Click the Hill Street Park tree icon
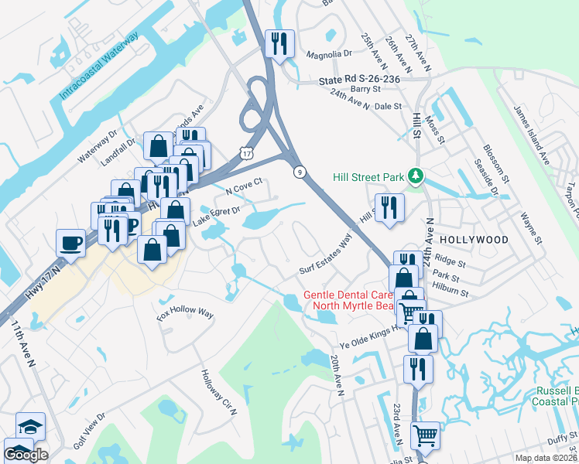pyautogui.click(x=416, y=177)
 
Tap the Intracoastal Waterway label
pyautogui.click(x=99, y=66)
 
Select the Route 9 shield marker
pyautogui.click(x=298, y=172)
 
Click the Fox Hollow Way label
pyautogui.click(x=184, y=313)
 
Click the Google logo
pyautogui.click(x=26, y=454)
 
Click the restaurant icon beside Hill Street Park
pyautogui.click(x=389, y=207)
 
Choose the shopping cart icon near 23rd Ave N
pyautogui.click(x=425, y=435)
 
